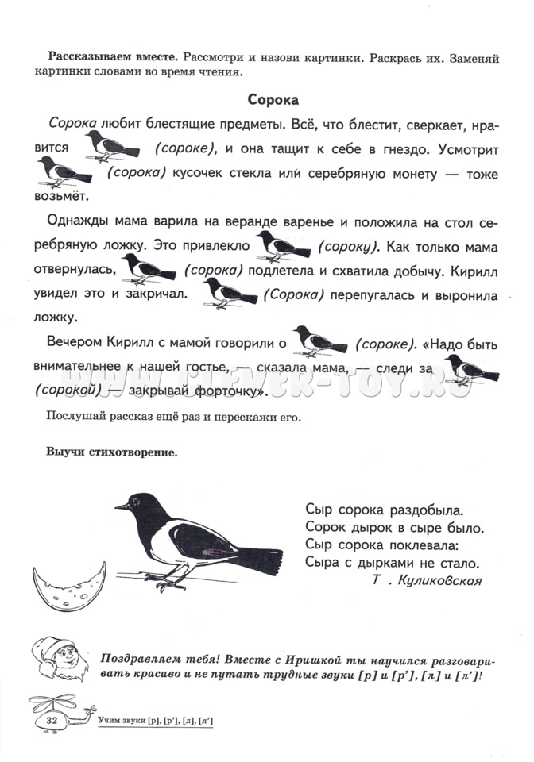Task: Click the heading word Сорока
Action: tap(273, 101)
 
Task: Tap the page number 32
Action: tap(54, 719)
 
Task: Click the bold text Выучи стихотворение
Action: tap(112, 452)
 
